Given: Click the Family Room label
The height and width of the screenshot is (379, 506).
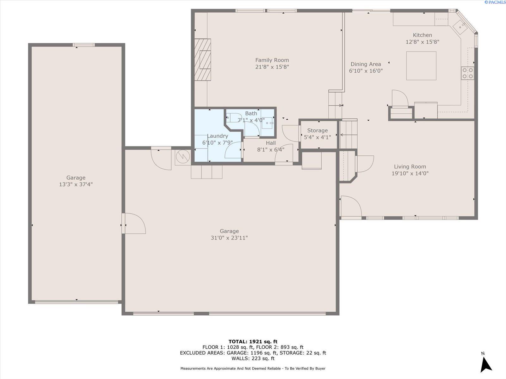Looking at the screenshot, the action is [272, 60].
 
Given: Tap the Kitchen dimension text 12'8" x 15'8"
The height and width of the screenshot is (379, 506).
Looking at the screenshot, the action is [422, 42].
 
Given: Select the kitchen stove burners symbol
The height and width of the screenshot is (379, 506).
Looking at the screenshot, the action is [467, 73].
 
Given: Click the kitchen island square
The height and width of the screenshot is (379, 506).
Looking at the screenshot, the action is [421, 66].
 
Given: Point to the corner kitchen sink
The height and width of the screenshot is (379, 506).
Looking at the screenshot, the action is [460, 27].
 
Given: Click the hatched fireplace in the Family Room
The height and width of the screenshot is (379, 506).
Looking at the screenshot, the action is [203, 60].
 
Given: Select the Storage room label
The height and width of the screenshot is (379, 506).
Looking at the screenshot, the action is [318, 130].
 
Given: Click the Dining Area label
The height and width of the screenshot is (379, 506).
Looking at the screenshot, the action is [366, 64].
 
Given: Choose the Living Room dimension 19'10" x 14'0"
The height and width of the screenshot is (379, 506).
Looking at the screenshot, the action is [410, 173].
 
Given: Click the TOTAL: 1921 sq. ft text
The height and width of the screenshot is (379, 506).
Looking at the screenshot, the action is [253, 341].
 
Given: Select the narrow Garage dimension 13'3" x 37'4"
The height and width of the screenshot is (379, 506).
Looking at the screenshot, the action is [76, 184].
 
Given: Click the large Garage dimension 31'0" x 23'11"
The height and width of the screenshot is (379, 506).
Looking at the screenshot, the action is [229, 238].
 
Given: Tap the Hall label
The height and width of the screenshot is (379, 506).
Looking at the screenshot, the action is [271, 143].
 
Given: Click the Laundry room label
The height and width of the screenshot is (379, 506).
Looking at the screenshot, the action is [218, 136].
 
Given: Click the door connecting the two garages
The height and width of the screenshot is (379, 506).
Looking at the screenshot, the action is [134, 223].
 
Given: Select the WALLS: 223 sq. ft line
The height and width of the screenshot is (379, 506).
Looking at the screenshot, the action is [253, 358].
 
